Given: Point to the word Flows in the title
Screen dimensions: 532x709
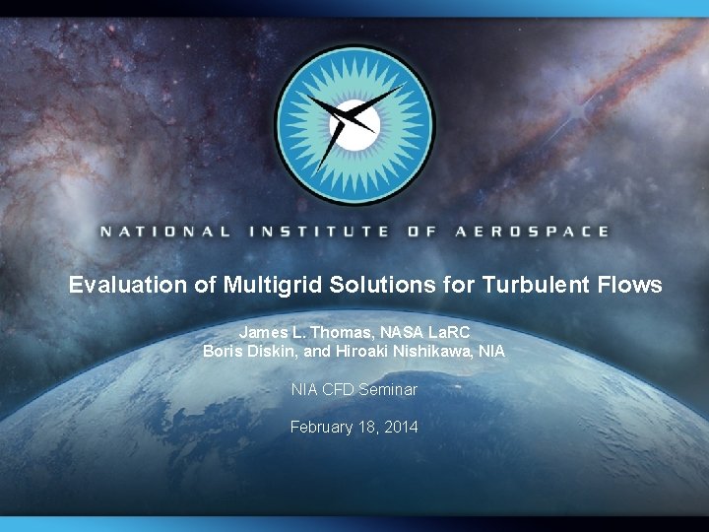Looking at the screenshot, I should point(632,286).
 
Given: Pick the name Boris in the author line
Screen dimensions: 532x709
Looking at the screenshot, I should point(223,351).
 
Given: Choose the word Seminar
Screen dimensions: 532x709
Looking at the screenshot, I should point(388,390).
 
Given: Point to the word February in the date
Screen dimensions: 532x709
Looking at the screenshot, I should point(322,428).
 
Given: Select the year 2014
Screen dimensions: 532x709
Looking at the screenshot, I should point(401,428).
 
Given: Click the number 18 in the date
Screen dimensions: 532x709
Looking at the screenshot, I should point(366,428).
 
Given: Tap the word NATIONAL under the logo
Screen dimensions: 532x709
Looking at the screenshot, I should point(164,233).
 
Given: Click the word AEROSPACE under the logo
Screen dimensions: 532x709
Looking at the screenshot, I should point(531,233).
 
